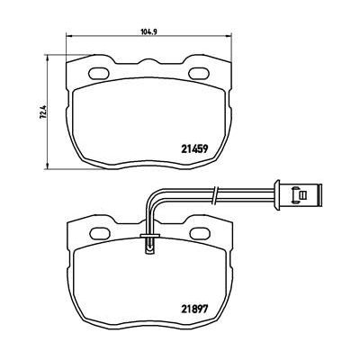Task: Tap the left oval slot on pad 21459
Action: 98,73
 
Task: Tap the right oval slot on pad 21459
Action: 199,73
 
